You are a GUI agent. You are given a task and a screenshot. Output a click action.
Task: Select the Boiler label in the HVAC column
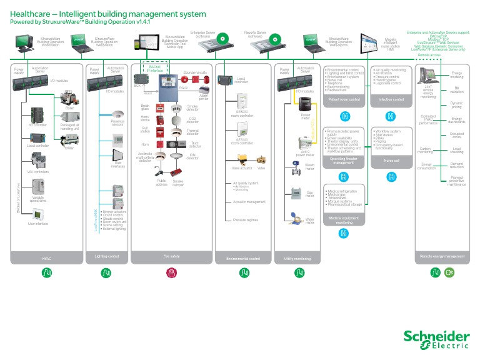(69, 107)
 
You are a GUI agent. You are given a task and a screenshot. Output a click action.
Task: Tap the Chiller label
(69, 148)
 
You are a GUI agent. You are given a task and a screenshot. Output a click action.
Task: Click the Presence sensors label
(117, 123)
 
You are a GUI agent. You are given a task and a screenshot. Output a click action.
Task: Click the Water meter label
(309, 220)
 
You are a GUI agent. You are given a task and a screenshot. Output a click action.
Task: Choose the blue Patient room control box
(343, 99)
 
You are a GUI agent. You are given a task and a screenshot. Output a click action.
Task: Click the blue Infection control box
(391, 99)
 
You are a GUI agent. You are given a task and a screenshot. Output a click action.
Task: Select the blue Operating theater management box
(343, 161)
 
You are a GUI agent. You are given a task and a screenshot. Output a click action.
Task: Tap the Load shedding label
(457, 150)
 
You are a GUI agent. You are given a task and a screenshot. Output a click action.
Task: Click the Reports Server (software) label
(255, 35)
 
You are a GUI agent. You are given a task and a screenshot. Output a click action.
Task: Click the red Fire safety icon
(172, 272)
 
